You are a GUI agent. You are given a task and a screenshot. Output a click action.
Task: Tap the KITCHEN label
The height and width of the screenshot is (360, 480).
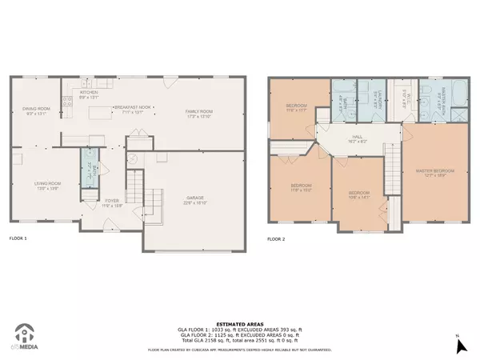click(88, 94)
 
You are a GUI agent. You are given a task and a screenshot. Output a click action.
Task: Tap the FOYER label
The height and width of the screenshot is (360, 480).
click(112, 202)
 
